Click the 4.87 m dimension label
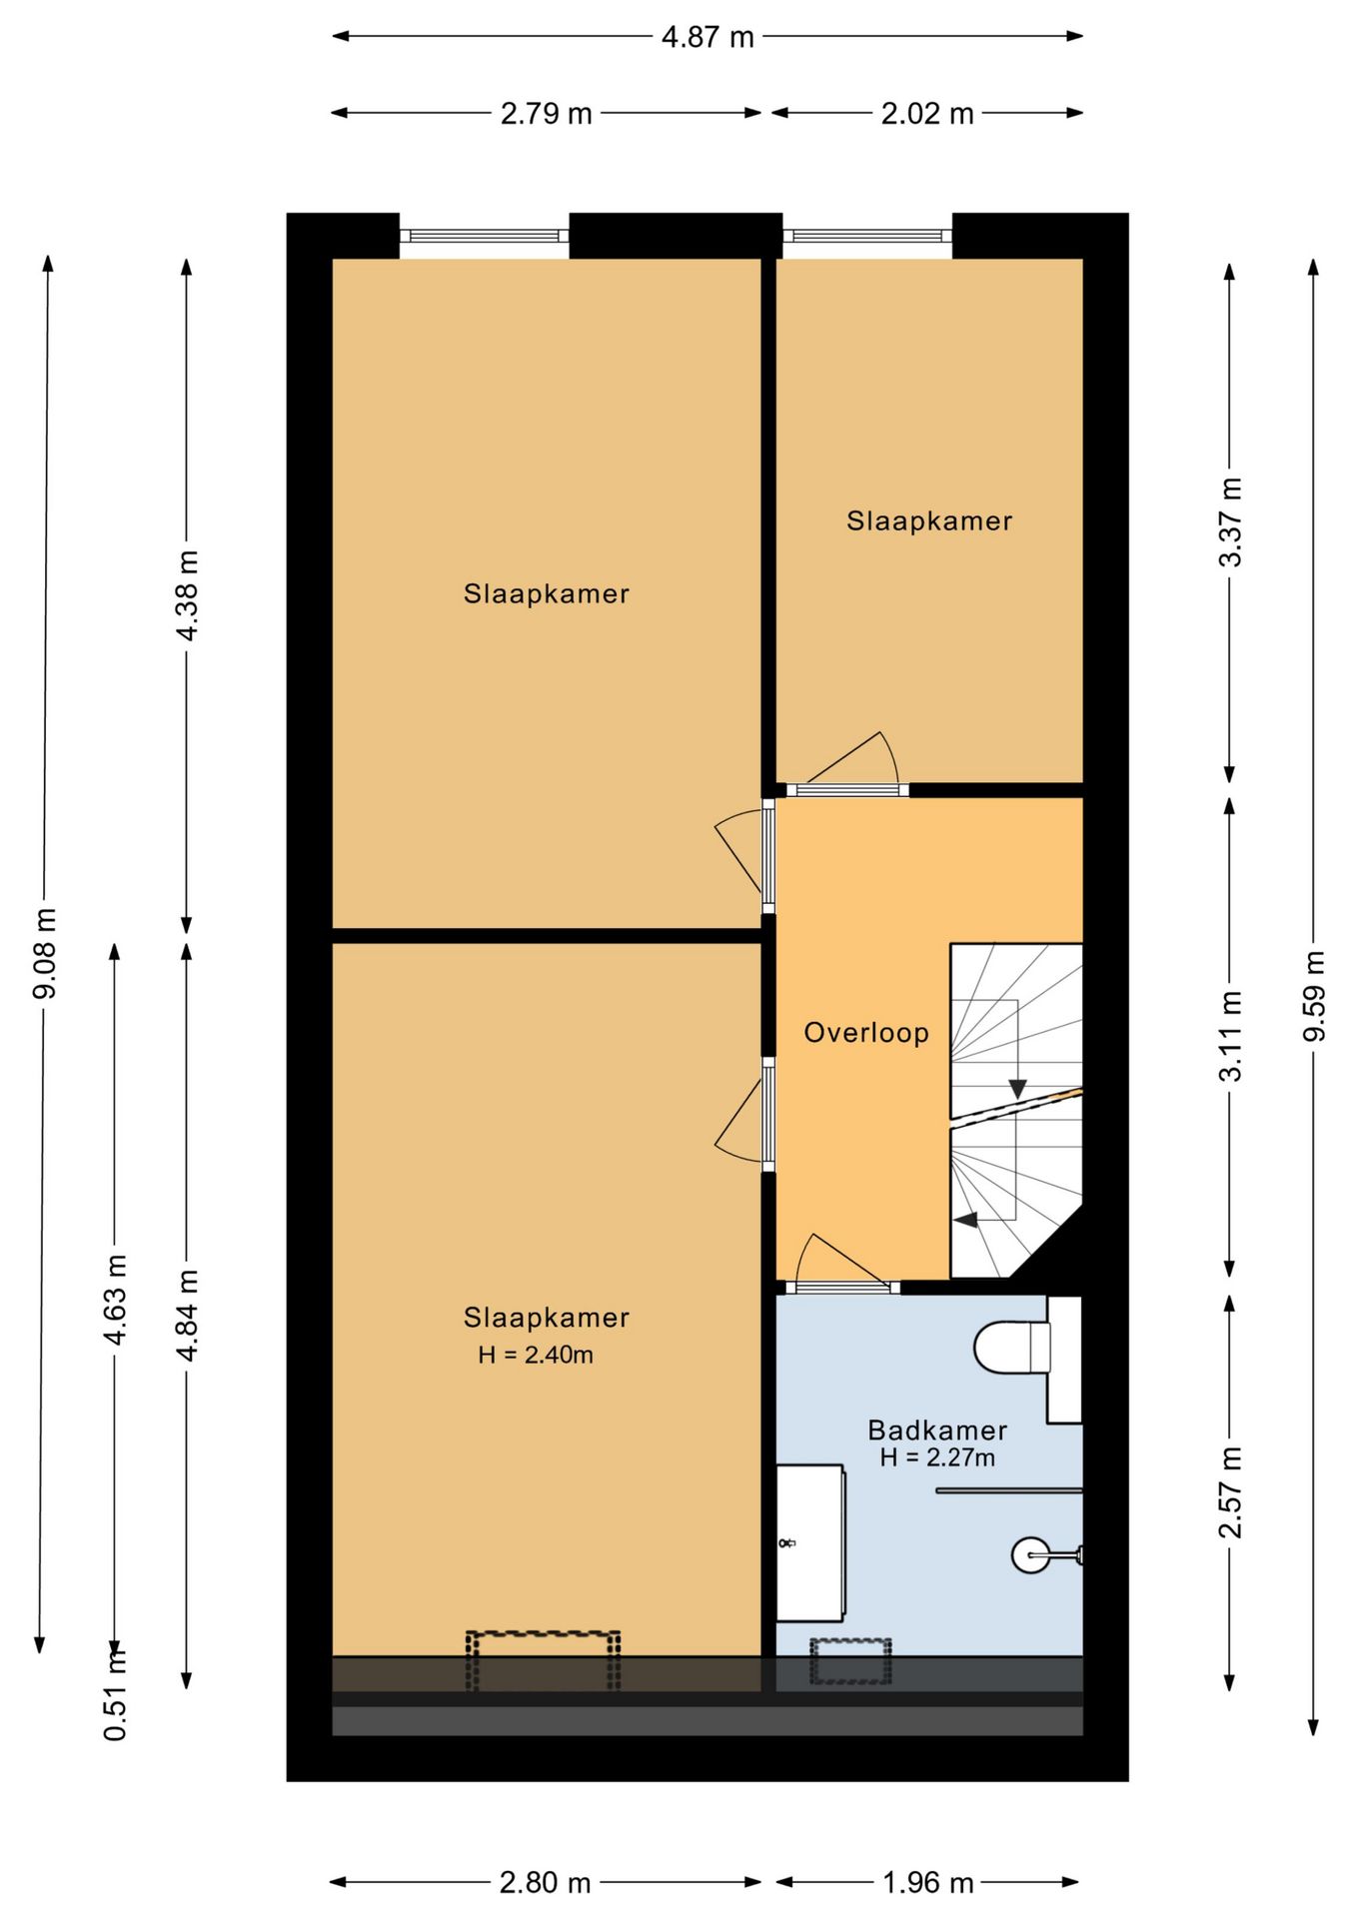point(707,38)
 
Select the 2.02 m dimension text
point(926,114)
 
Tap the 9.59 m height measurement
point(1314,996)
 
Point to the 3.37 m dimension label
point(1230,521)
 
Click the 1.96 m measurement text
point(927,1883)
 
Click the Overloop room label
point(866,1032)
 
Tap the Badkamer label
point(936,1430)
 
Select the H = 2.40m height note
point(536,1355)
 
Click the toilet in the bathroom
point(1012,1347)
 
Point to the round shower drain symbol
point(1030,1554)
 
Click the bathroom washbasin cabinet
point(810,1543)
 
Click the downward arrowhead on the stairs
point(1017,1089)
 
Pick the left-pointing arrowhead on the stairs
point(965,1220)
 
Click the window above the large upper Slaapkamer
point(484,236)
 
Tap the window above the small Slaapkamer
point(866,236)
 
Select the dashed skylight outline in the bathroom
point(850,1660)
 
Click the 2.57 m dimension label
point(1230,1491)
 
